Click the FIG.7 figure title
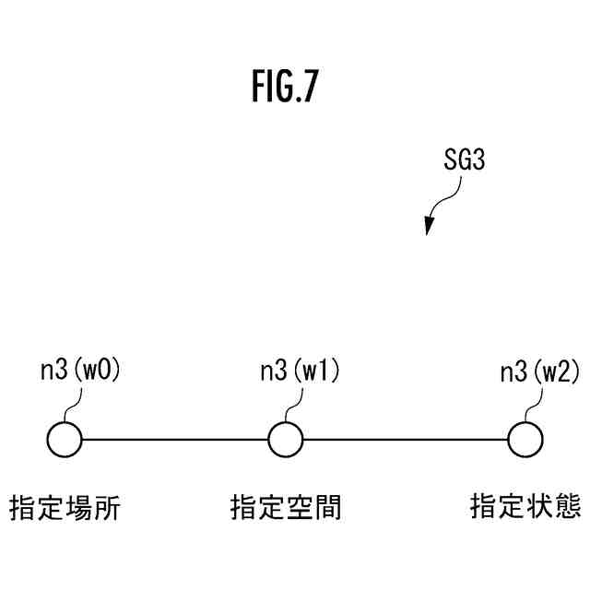click(x=286, y=87)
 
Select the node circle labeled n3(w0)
click(x=65, y=439)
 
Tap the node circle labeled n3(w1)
click(x=286, y=439)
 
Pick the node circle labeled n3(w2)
click(x=525, y=439)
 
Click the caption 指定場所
click(x=65, y=507)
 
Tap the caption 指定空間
click(x=286, y=507)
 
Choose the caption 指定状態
click(x=525, y=507)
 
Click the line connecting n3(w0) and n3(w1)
click(x=175, y=439)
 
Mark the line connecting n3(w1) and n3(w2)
click(x=406, y=439)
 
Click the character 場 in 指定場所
click(x=78, y=507)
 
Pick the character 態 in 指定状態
click(x=567, y=507)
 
